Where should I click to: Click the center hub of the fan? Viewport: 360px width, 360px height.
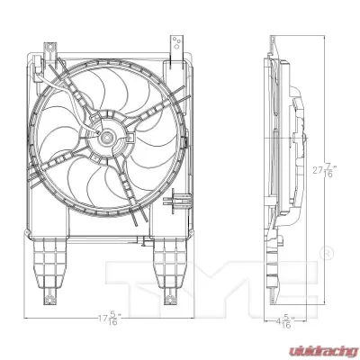point(105,138)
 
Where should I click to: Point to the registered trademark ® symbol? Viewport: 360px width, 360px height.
point(328,253)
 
